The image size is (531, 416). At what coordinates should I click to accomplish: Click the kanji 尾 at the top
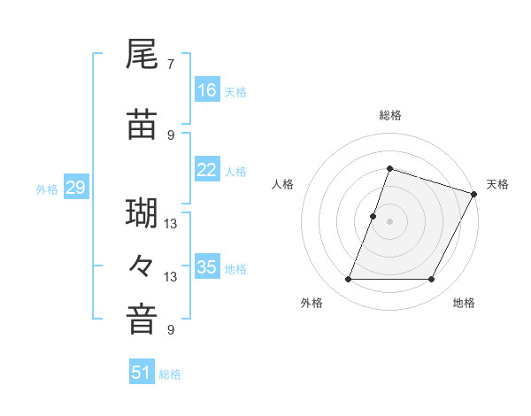tap(142, 56)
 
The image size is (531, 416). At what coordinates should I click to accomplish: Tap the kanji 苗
tap(142, 125)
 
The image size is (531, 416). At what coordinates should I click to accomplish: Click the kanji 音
tap(142, 320)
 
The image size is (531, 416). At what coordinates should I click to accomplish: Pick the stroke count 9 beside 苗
tap(170, 135)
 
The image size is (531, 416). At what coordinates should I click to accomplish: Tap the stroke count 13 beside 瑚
tap(170, 223)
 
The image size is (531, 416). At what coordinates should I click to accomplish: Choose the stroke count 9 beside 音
tap(170, 330)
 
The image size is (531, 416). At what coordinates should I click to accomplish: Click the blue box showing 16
tap(207, 89)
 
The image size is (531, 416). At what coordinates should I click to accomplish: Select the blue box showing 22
tap(207, 170)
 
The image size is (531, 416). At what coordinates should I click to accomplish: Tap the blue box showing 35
tap(207, 266)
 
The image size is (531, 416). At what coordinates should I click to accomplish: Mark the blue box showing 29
tap(75, 187)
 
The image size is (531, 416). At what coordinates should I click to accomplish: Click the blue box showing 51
tap(142, 373)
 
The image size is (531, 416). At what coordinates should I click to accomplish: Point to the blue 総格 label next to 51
tap(170, 374)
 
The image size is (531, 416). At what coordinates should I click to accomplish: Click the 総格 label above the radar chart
tap(390, 115)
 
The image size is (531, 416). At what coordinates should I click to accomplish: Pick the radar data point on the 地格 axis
tap(432, 280)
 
